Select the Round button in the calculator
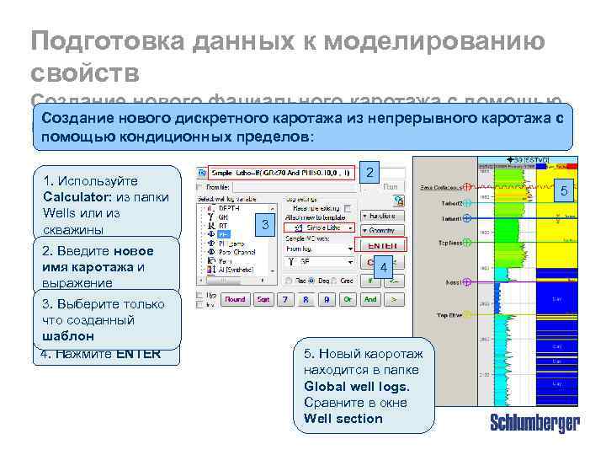tap(235, 299)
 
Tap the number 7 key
tap(284, 299)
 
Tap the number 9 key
tap(324, 299)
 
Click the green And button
tap(370, 299)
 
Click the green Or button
tap(346, 299)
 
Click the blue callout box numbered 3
tap(265, 225)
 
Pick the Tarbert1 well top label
tap(449, 218)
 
